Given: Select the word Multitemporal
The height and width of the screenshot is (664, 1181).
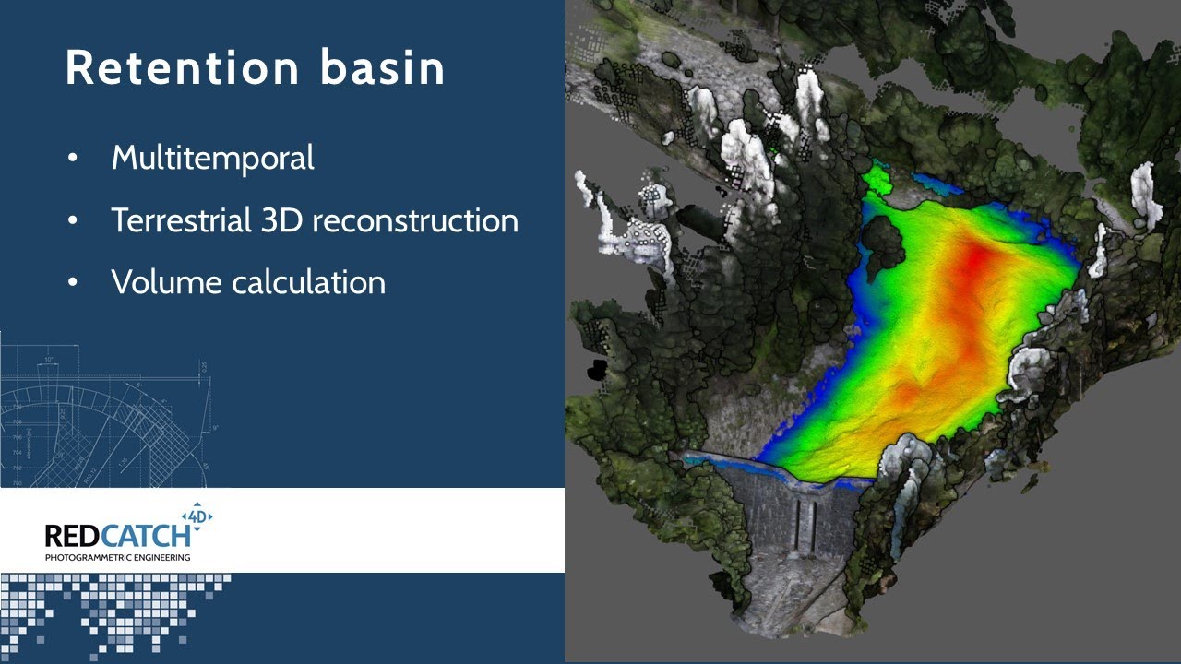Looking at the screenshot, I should pos(213,158).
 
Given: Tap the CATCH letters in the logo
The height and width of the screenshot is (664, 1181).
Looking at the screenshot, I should pos(145,536).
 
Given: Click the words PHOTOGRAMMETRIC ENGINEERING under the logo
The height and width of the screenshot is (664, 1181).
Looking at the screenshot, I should pos(117,558).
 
